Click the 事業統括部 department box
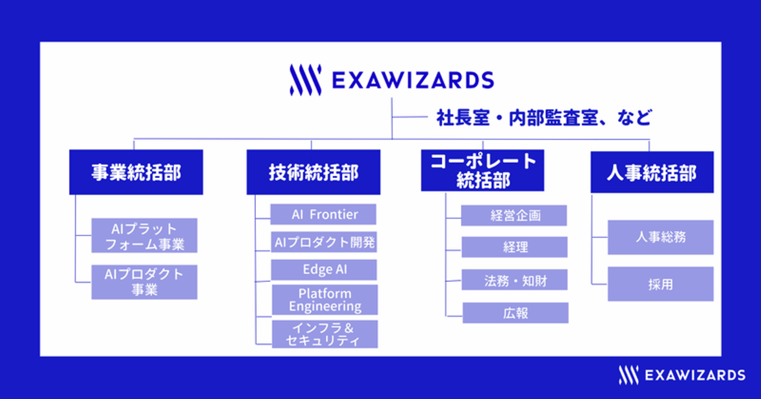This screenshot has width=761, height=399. click(136, 172)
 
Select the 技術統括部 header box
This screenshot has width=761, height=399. click(313, 172)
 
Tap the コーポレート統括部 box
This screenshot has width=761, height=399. click(482, 170)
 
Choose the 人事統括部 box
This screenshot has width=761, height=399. click(652, 172)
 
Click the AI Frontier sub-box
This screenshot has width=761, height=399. click(323, 214)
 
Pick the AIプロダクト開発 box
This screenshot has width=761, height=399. click(324, 242)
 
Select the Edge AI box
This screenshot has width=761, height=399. click(324, 270)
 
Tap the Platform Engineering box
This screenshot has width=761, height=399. click(325, 300)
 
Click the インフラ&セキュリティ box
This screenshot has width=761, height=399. click(325, 334)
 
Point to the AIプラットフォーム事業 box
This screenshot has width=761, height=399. click(144, 235)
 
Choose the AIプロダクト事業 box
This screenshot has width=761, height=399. click(144, 282)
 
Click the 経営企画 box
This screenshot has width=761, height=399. click(514, 215)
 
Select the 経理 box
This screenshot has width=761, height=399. click(514, 247)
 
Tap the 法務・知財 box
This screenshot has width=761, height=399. click(514, 279)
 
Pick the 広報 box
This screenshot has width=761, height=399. click(515, 313)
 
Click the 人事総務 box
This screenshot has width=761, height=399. click(661, 237)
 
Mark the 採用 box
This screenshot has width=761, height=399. click(661, 284)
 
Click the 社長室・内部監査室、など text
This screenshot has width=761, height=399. click(544, 117)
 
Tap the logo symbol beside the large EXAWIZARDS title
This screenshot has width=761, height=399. click(305, 80)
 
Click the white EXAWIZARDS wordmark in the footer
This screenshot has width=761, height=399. click(695, 375)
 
